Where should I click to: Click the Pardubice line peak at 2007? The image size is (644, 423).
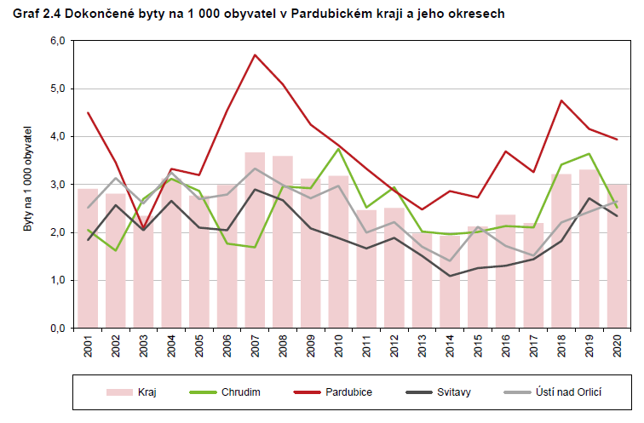coord(255,54)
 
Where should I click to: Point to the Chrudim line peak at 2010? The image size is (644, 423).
coord(339,149)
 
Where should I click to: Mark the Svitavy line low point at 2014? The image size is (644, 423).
coord(450,276)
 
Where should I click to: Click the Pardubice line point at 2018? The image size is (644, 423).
coord(561,100)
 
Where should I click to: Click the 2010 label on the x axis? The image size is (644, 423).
coord(339,346)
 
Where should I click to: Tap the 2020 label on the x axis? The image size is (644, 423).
coord(617,346)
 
